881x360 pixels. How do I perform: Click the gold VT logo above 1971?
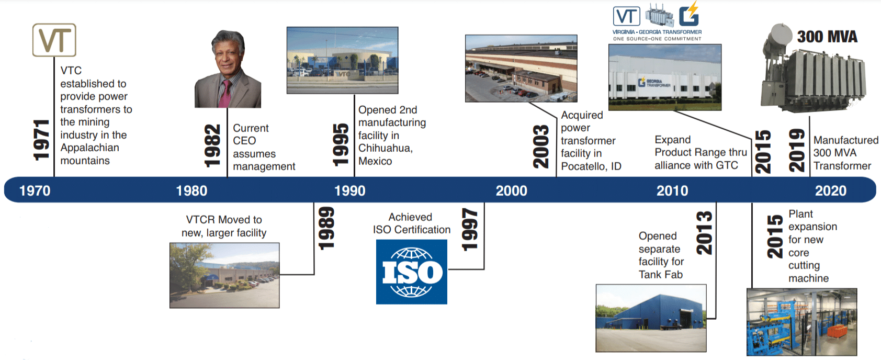[54, 40]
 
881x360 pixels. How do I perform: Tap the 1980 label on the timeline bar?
[191, 191]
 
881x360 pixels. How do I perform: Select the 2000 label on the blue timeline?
[511, 191]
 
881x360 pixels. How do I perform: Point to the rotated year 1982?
[213, 145]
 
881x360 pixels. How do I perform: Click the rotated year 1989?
[326, 229]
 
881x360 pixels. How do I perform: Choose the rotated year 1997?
[470, 230]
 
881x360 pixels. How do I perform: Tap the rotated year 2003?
[541, 147]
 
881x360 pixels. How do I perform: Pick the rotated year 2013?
[704, 233]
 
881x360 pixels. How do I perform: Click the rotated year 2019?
[797, 150]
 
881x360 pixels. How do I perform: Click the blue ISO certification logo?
[411, 272]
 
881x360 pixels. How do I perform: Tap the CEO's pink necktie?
[225, 94]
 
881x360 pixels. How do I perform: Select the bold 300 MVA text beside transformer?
[827, 37]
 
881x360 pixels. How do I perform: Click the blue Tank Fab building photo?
[651, 318]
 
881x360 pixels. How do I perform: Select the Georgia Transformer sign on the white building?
[654, 82]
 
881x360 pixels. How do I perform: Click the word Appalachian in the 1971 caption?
[89, 148]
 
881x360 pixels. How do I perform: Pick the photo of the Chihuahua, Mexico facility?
[342, 60]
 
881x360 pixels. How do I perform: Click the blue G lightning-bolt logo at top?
[690, 14]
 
